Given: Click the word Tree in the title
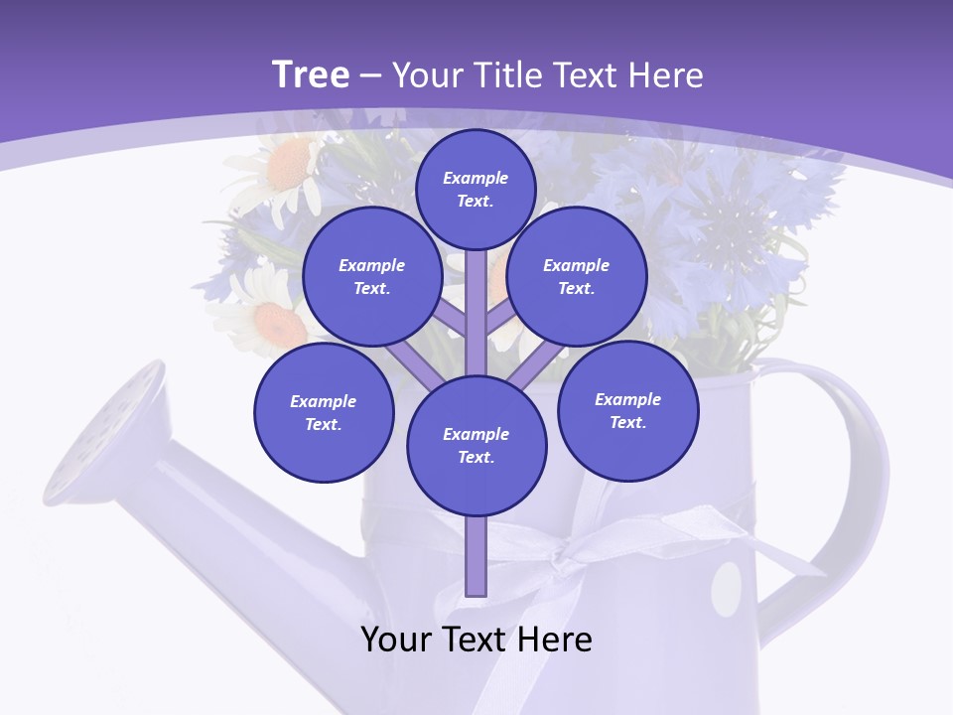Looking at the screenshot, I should tap(311, 74).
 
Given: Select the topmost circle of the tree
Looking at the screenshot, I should tap(476, 189).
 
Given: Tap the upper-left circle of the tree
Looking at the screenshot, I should tap(372, 276).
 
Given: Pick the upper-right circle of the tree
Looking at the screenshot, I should tap(577, 276).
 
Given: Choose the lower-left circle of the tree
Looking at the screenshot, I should tap(324, 412).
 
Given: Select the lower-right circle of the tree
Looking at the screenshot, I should tap(628, 410).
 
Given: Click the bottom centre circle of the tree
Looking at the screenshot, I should tap(476, 445).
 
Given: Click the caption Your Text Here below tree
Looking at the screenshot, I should tap(476, 640).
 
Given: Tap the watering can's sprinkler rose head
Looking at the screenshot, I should tap(104, 432).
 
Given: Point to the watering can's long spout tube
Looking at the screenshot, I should tap(248, 516).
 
